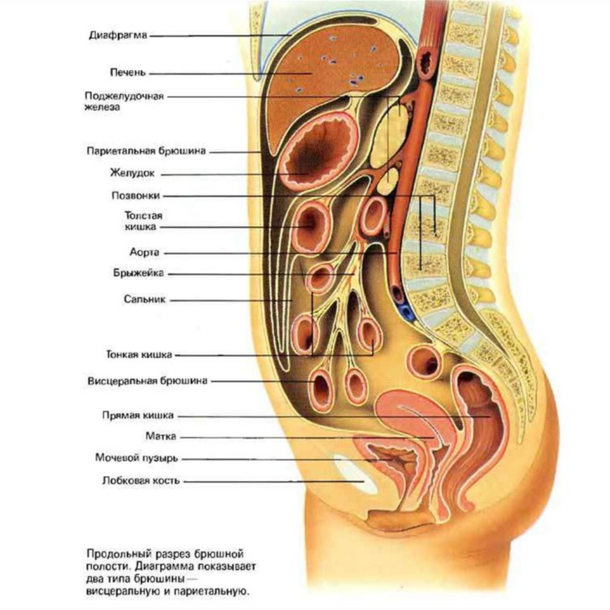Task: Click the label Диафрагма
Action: [117, 36]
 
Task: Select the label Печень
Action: [128, 73]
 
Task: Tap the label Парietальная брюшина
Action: [146, 151]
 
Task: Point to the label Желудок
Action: [132, 173]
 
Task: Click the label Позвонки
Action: [136, 196]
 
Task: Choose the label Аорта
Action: [144, 252]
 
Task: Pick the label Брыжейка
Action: [138, 273]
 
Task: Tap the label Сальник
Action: [144, 299]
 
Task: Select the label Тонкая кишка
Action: [139, 355]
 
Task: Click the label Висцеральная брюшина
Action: [147, 381]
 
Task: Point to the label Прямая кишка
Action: [138, 416]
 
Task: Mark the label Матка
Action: [161, 437]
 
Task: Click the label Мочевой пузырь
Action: [136, 458]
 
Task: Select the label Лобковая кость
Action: [141, 480]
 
